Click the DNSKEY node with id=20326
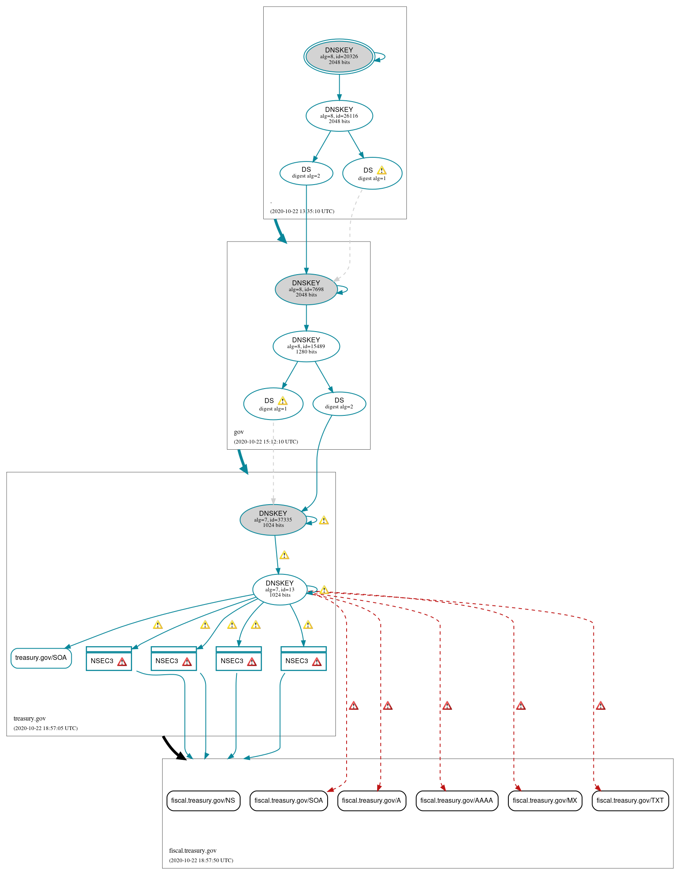pyautogui.click(x=339, y=57)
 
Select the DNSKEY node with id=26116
pyautogui.click(x=339, y=116)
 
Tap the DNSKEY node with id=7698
pyautogui.click(x=306, y=289)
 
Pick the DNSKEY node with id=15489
pyautogui.click(x=306, y=346)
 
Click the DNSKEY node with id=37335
pyautogui.click(x=273, y=519)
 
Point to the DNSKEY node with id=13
pyautogui.click(x=280, y=589)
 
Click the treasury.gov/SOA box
pyautogui.click(x=41, y=658)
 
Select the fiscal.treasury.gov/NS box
pyautogui.click(x=203, y=801)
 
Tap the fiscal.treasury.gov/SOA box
pyautogui.click(x=288, y=801)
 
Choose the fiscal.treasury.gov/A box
pyautogui.click(x=371, y=801)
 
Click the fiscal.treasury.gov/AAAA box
pyautogui.click(x=457, y=801)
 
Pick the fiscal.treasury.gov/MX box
pyautogui.click(x=545, y=801)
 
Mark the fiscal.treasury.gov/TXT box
pyautogui.click(x=630, y=801)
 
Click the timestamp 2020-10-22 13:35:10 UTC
pyautogui.click(x=302, y=211)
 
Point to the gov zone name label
pyautogui.click(x=238, y=432)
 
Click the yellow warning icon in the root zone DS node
pyautogui.click(x=382, y=170)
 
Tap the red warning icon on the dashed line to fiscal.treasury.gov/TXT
pyautogui.click(x=601, y=706)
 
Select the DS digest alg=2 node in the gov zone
pyautogui.click(x=339, y=403)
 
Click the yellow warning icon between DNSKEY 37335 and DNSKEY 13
pyautogui.click(x=284, y=555)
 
